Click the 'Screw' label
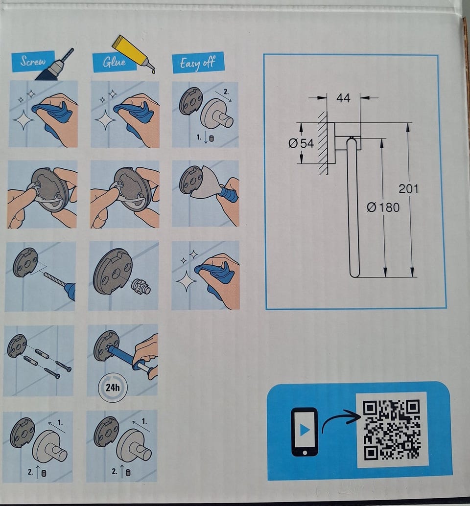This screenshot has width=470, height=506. click(x=33, y=61)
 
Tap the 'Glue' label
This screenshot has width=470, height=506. click(x=114, y=62)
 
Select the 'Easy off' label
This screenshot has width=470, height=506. click(x=197, y=63)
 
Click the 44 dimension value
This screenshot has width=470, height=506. click(x=343, y=98)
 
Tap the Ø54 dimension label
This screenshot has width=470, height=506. click(x=301, y=143)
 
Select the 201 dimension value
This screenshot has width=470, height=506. click(x=408, y=188)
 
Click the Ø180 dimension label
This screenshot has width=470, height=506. click(x=383, y=207)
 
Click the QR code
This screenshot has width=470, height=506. click(x=392, y=429)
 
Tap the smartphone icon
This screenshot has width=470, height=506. click(x=305, y=432)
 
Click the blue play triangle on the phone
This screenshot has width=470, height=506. click(x=305, y=430)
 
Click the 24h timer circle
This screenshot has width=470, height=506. click(x=113, y=387)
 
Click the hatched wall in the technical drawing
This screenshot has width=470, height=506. click(x=323, y=143)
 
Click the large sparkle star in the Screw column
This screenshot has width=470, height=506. click(x=23, y=120)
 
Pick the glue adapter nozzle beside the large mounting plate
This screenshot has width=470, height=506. click(x=141, y=286)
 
